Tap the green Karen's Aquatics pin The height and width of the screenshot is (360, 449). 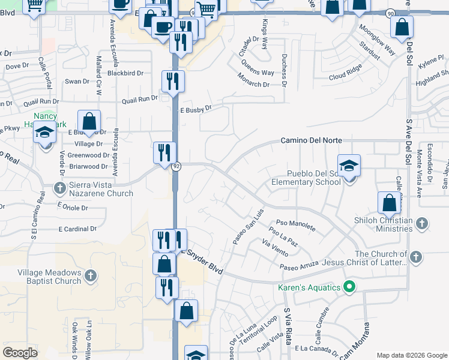point(349,287)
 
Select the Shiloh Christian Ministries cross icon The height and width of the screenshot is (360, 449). point(422,224)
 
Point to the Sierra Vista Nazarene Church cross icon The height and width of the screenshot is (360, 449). point(59,189)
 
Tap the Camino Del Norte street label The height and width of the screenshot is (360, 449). point(312,140)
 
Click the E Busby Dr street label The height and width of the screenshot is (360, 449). point(196,109)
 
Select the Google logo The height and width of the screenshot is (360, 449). point(20,352)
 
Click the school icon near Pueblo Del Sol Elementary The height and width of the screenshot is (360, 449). point(349,165)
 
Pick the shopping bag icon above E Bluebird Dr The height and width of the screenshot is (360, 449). point(89,121)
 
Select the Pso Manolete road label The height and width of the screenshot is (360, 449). point(295,224)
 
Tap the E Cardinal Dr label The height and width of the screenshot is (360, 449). point(77,229)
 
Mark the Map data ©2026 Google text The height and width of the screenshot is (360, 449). point(412,355)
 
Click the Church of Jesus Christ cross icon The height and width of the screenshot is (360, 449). point(414,258)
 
